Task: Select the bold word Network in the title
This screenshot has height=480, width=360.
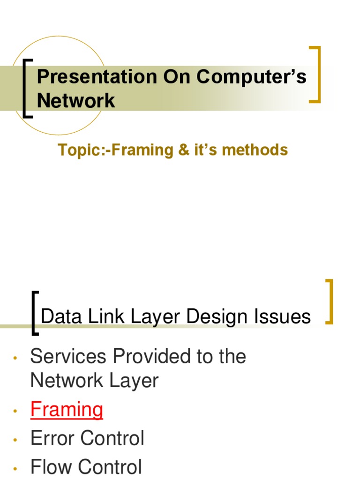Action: [76, 100]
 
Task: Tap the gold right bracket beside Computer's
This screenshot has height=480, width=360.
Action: [317, 74]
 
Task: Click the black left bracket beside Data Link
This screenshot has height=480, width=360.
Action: [34, 313]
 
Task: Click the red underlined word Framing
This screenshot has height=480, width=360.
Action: [67, 410]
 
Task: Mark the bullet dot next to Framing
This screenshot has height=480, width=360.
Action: [15, 412]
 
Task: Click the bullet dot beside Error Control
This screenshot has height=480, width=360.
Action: [15, 441]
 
